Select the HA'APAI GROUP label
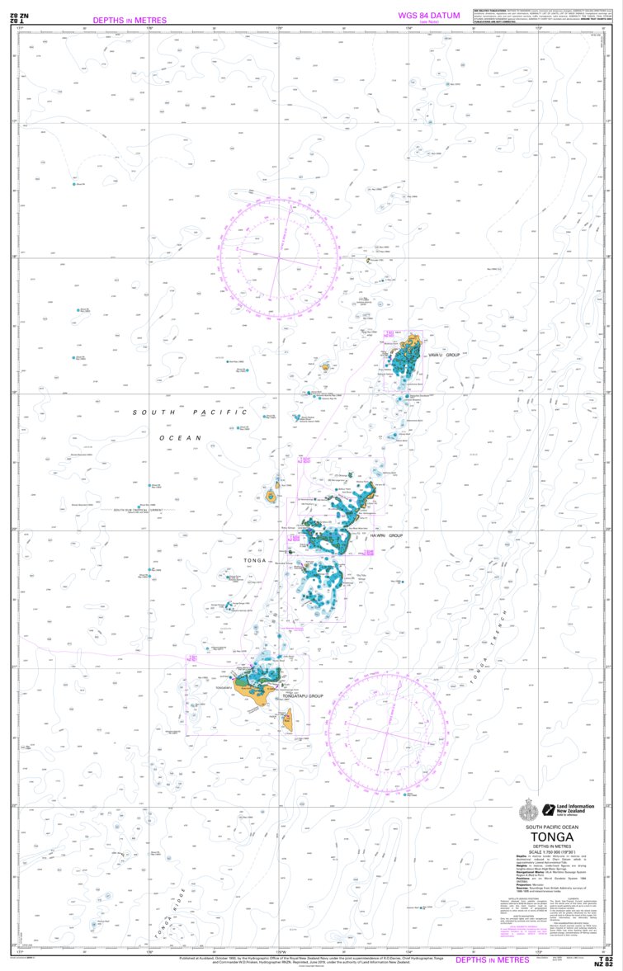(x=385, y=535)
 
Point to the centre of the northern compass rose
(x=280, y=257)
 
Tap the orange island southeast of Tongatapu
(x=286, y=724)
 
